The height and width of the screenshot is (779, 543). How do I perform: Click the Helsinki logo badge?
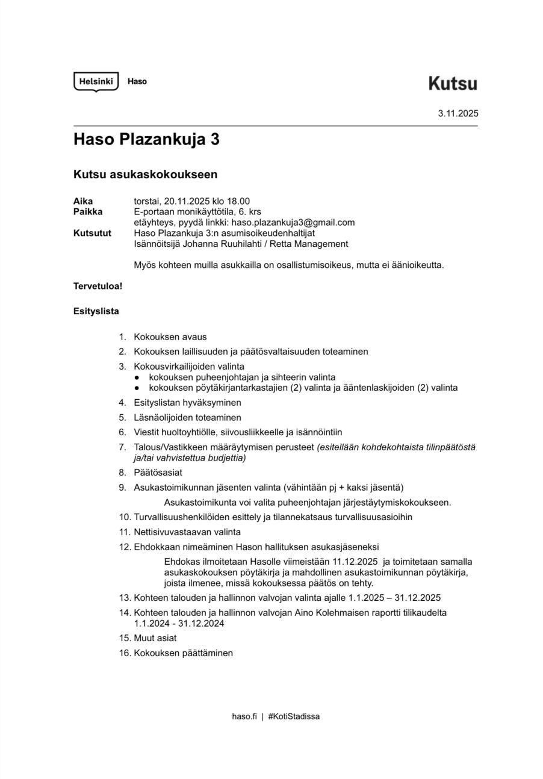[96, 81]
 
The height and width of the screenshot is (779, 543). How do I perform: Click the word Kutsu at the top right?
[453, 84]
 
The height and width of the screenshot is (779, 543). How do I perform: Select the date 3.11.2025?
[458, 113]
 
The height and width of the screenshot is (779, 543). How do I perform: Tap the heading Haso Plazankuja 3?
[146, 140]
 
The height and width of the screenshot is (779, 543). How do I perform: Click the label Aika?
[83, 201]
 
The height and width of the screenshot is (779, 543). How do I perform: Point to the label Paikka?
[88, 212]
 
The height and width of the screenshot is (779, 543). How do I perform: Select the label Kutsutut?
[92, 233]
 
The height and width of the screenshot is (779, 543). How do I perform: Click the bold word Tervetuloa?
[98, 286]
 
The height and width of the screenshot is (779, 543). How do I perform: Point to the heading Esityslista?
[96, 311]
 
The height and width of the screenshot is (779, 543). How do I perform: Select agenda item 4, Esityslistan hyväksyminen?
[187, 403]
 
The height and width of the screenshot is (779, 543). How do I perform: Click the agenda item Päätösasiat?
[158, 473]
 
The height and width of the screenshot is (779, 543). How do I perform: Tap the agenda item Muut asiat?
[155, 638]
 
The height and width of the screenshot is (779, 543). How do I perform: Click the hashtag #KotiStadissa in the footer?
[294, 716]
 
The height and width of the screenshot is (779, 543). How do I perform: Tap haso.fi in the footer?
[244, 716]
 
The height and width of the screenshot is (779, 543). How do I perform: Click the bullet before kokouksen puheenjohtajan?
[137, 377]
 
